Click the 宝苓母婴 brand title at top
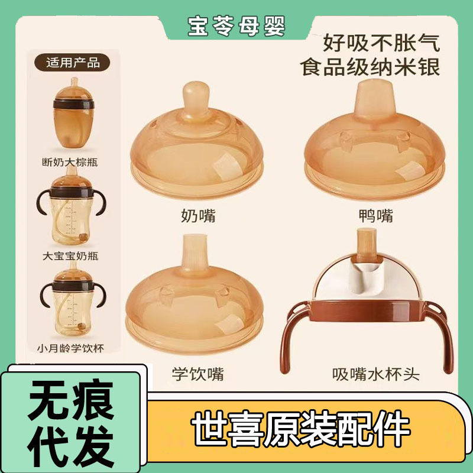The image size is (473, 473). click(236, 25)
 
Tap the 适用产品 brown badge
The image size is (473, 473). click(73, 61)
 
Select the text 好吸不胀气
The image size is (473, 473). click(381, 43)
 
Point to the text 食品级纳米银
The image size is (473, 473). click(371, 66)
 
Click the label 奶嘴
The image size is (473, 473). click(198, 216)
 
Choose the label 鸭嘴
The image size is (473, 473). click(377, 216)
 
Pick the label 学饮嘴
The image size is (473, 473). click(198, 374)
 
